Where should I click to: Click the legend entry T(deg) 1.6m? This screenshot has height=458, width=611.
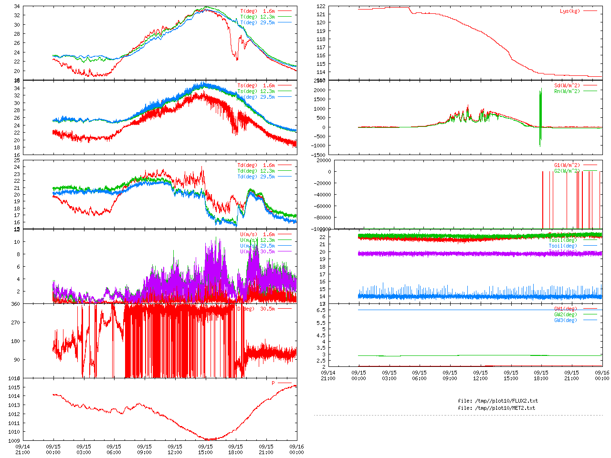(257, 11)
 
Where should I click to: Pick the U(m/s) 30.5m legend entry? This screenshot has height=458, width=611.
(257, 252)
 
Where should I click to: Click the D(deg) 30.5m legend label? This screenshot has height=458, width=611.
(256, 309)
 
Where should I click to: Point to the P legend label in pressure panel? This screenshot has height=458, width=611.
(274, 383)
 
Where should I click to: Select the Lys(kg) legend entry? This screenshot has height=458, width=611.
(570, 11)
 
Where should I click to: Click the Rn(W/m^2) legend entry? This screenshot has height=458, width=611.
(567, 92)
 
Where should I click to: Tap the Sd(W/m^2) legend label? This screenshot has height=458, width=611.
(567, 86)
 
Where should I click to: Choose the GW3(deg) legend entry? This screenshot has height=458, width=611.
(566, 320)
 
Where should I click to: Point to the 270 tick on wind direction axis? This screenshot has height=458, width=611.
(15, 323)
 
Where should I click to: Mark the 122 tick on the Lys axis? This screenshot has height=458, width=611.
(321, 7)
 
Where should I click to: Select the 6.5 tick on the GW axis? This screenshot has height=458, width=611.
(321, 310)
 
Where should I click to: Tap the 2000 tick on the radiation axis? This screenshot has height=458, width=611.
(319, 90)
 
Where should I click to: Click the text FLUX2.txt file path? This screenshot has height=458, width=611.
(497, 401)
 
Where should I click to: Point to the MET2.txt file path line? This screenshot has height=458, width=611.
(496, 408)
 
